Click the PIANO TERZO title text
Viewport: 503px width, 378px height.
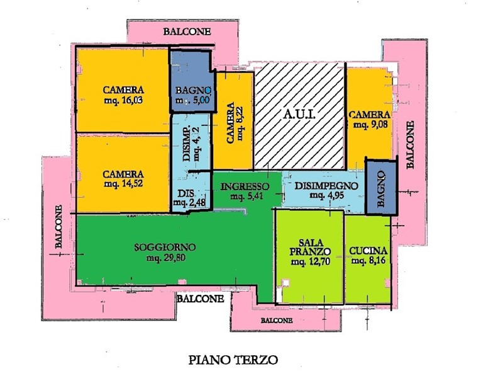pyautogui.click(x=233, y=360)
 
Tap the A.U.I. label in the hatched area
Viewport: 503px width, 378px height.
pyautogui.click(x=299, y=114)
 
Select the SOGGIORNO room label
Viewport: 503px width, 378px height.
pyautogui.click(x=165, y=246)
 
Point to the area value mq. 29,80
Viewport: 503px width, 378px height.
pyautogui.click(x=165, y=257)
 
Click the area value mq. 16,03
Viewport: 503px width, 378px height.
pyautogui.click(x=124, y=100)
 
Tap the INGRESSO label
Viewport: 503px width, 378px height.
pyautogui.click(x=245, y=186)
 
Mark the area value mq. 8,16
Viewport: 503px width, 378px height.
pyautogui.click(x=368, y=260)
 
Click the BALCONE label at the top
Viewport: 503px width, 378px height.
pyautogui.click(x=187, y=31)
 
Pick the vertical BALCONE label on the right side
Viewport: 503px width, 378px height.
pyautogui.click(x=410, y=145)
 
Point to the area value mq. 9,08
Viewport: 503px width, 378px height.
pyautogui.click(x=370, y=125)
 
